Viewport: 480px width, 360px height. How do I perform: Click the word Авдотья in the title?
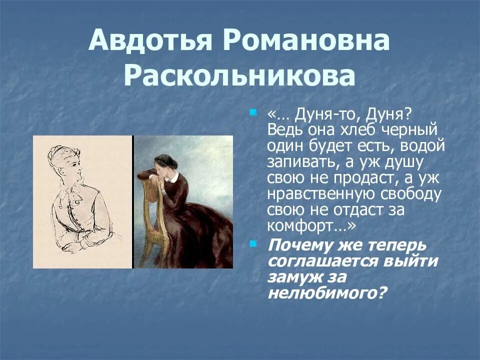[x=149, y=40]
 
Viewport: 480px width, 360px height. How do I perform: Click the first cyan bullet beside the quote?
[x=253, y=112]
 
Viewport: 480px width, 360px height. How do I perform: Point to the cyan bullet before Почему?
[x=253, y=243]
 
